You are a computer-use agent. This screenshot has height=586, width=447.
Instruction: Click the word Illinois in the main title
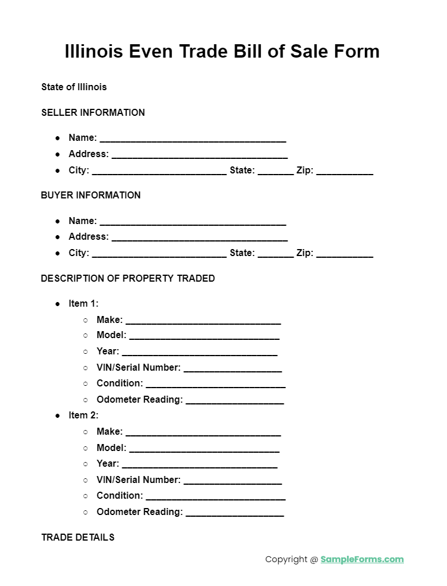coord(93,51)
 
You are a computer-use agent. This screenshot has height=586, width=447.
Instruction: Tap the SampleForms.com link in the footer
coord(361,559)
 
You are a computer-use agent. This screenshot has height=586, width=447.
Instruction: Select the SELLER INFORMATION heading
coord(93,112)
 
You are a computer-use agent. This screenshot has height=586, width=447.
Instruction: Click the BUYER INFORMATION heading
coord(91,195)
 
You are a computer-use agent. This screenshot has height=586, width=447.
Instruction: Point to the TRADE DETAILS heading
coord(78,537)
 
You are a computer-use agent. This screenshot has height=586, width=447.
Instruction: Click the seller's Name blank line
coord(193,139)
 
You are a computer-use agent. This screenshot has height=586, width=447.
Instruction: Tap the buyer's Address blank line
coord(199,238)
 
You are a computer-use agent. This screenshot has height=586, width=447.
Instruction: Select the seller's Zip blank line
coord(345,172)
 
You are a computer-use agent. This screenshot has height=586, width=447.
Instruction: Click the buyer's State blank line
coord(275,254)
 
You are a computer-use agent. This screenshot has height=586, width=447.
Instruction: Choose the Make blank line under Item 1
coord(203,321)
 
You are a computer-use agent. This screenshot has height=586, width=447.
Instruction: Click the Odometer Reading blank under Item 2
coord(235,513)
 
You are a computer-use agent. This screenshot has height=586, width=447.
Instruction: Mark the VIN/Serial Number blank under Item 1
coord(232,369)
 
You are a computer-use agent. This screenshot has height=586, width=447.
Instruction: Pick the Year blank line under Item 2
coord(199,465)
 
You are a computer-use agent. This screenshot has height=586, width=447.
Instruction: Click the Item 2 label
coord(83,415)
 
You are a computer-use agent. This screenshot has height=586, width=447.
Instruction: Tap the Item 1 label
coord(83,303)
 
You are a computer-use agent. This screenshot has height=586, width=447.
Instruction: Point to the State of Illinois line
coord(74,87)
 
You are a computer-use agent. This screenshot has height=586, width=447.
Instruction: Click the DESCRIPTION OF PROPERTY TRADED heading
coord(128,278)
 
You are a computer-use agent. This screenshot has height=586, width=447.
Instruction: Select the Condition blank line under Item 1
coord(215,385)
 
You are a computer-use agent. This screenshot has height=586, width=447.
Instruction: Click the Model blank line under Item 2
coord(204,449)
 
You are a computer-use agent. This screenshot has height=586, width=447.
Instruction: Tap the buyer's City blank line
coord(159,254)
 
